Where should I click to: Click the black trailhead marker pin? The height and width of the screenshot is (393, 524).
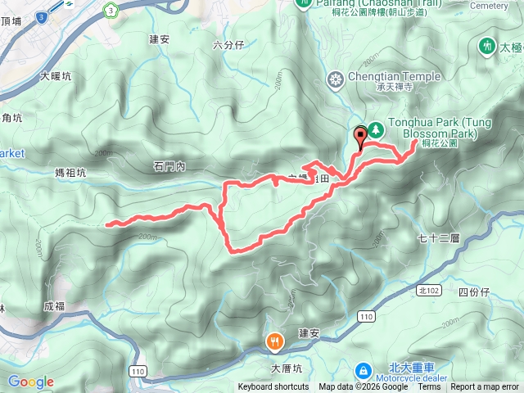[360, 138]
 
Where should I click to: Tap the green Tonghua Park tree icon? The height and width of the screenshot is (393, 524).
[377, 129]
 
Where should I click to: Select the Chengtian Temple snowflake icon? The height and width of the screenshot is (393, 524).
[334, 79]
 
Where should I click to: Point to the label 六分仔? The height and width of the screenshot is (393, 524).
[228, 45]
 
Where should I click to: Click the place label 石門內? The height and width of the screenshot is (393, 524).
[169, 167]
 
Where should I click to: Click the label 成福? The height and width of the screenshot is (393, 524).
[54, 306]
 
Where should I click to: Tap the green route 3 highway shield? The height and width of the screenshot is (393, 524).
[109, 9]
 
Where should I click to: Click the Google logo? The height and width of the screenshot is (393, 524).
[30, 382]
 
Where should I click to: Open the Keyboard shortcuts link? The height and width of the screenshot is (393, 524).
[273, 387]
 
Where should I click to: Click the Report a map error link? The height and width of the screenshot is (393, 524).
[485, 387]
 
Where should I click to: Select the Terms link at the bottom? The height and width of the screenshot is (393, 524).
[429, 387]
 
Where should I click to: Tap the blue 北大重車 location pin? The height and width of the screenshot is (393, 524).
[362, 371]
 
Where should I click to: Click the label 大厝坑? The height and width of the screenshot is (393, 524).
[287, 368]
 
